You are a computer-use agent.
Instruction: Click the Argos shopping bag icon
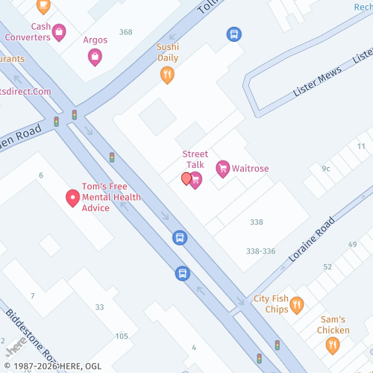pyautogui.click(x=95, y=56)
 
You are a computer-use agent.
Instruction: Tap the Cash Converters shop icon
pyautogui.click(x=59, y=32)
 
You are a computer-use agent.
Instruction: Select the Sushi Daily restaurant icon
pyautogui.click(x=168, y=74)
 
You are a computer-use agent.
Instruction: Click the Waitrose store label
pyautogui.click(x=250, y=169)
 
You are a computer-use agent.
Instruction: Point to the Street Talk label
pyautogui.click(x=195, y=159)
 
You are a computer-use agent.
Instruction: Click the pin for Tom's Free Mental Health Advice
pyautogui.click(x=73, y=198)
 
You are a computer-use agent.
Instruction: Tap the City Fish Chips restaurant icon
pyautogui.click(x=297, y=304)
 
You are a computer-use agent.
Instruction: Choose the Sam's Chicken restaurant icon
pyautogui.click(x=333, y=345)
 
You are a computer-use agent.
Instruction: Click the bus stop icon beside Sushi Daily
pyautogui.click(x=233, y=34)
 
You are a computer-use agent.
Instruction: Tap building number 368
pyautogui.click(x=125, y=32)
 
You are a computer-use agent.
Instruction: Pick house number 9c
pyautogui.click(x=326, y=169)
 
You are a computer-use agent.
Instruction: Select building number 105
pyautogui.click(x=122, y=336)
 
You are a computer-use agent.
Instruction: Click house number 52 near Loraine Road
pyautogui.click(x=327, y=266)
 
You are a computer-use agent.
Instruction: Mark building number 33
pyautogui.click(x=100, y=307)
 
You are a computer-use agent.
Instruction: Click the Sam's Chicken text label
pyautogui.click(x=333, y=325)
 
